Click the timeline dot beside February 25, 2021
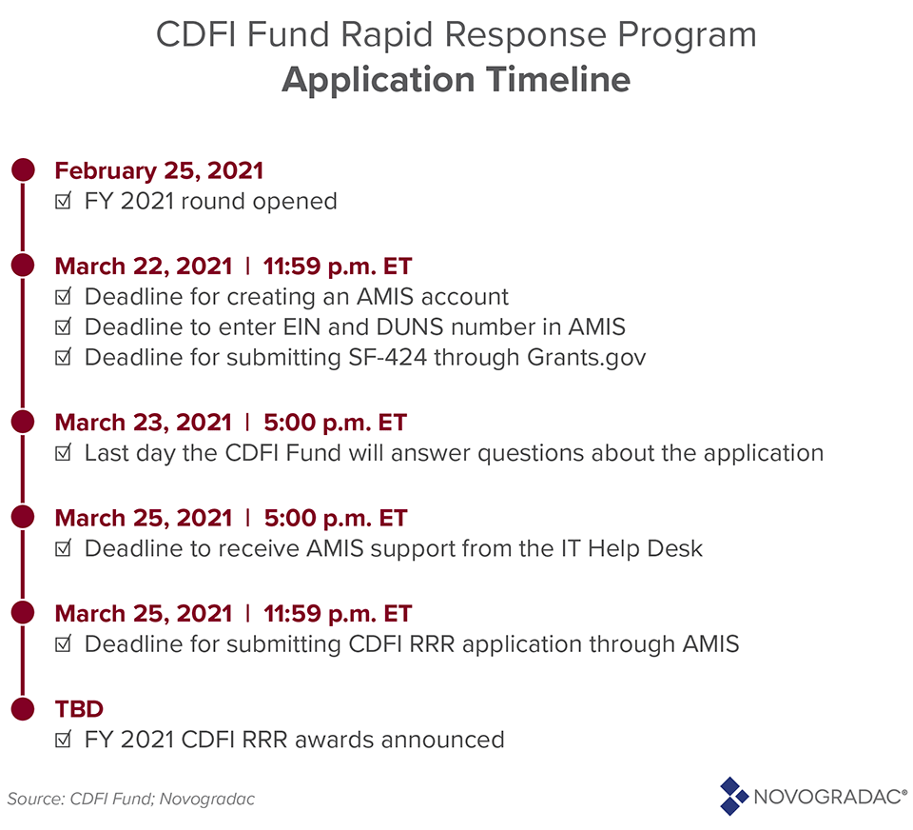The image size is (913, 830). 23,169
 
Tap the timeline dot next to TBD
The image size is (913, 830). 23,708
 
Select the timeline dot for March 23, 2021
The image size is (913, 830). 23,422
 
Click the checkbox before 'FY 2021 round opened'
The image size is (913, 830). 63,201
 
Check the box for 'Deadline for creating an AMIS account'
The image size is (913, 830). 63,297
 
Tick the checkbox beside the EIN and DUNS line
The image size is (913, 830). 63,327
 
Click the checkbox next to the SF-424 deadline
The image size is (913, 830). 63,357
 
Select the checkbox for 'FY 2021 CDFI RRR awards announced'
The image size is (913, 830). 63,740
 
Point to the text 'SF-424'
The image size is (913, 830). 387,357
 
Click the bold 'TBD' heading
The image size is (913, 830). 79,709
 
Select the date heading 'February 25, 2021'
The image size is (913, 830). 159,170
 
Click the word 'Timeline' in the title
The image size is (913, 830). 558,79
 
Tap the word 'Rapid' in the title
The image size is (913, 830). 388,35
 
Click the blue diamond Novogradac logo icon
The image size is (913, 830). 733,796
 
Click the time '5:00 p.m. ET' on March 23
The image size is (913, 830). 335,422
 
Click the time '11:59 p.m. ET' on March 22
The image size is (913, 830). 337,267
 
